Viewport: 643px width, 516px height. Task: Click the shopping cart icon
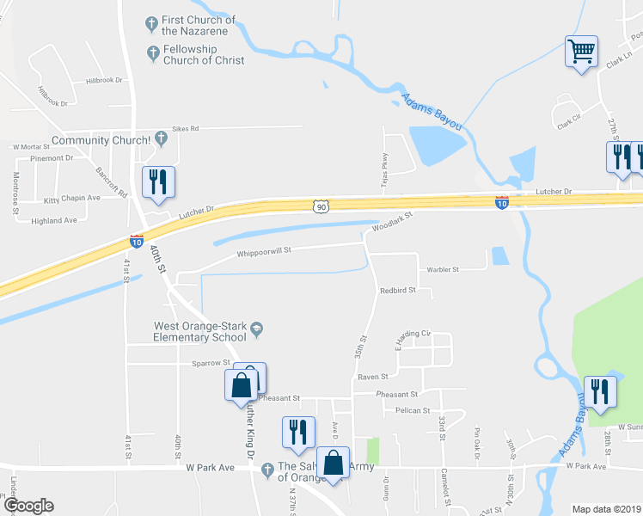coord(581,51)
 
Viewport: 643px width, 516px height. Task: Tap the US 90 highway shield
coord(321,206)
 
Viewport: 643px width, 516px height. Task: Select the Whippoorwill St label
coord(265,252)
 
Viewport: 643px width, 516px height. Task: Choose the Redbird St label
coord(398,291)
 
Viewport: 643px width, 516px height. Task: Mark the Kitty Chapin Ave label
coord(72,198)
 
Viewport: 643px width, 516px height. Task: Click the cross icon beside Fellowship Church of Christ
coord(153,53)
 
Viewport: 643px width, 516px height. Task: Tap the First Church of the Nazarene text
coord(199,25)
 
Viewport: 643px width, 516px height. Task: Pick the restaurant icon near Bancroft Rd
coord(157,181)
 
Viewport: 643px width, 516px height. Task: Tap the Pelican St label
coord(413,411)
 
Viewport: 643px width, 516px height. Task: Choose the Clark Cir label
coord(570,124)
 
